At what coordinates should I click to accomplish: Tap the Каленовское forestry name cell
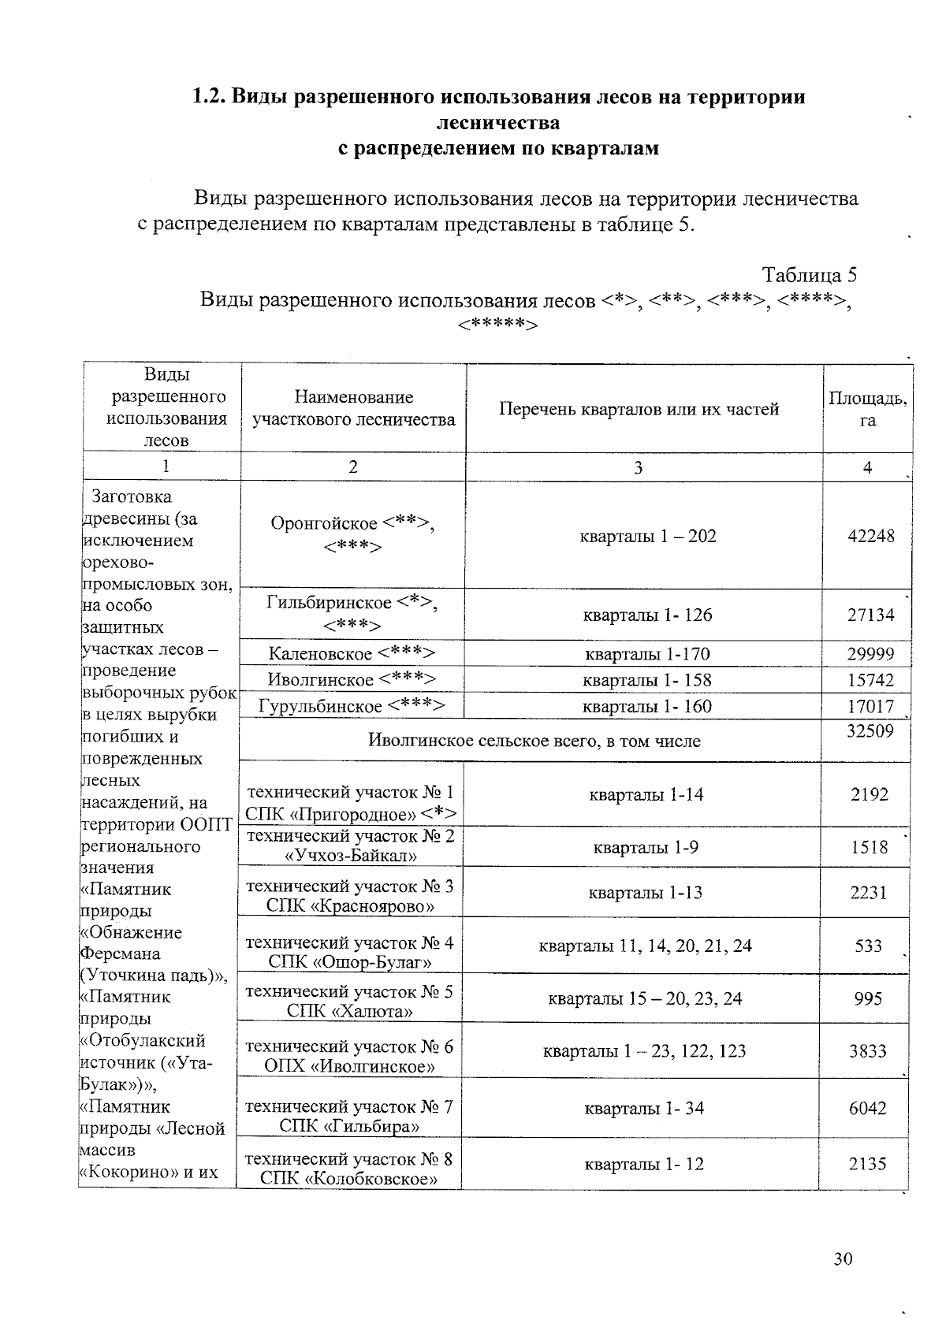[352, 653]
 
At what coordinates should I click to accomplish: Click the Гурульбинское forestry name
[352, 706]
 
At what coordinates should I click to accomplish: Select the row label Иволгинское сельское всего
[534, 741]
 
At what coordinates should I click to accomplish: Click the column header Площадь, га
[867, 409]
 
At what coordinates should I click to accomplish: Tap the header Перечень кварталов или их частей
[639, 409]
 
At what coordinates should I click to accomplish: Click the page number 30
[843, 1258]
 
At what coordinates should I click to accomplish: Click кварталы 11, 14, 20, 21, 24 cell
[645, 945]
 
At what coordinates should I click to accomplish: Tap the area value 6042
[868, 1108]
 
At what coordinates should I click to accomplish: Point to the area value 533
[868, 945]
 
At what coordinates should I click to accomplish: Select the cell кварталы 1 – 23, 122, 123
[644, 1050]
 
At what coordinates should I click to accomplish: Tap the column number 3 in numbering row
[638, 467]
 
